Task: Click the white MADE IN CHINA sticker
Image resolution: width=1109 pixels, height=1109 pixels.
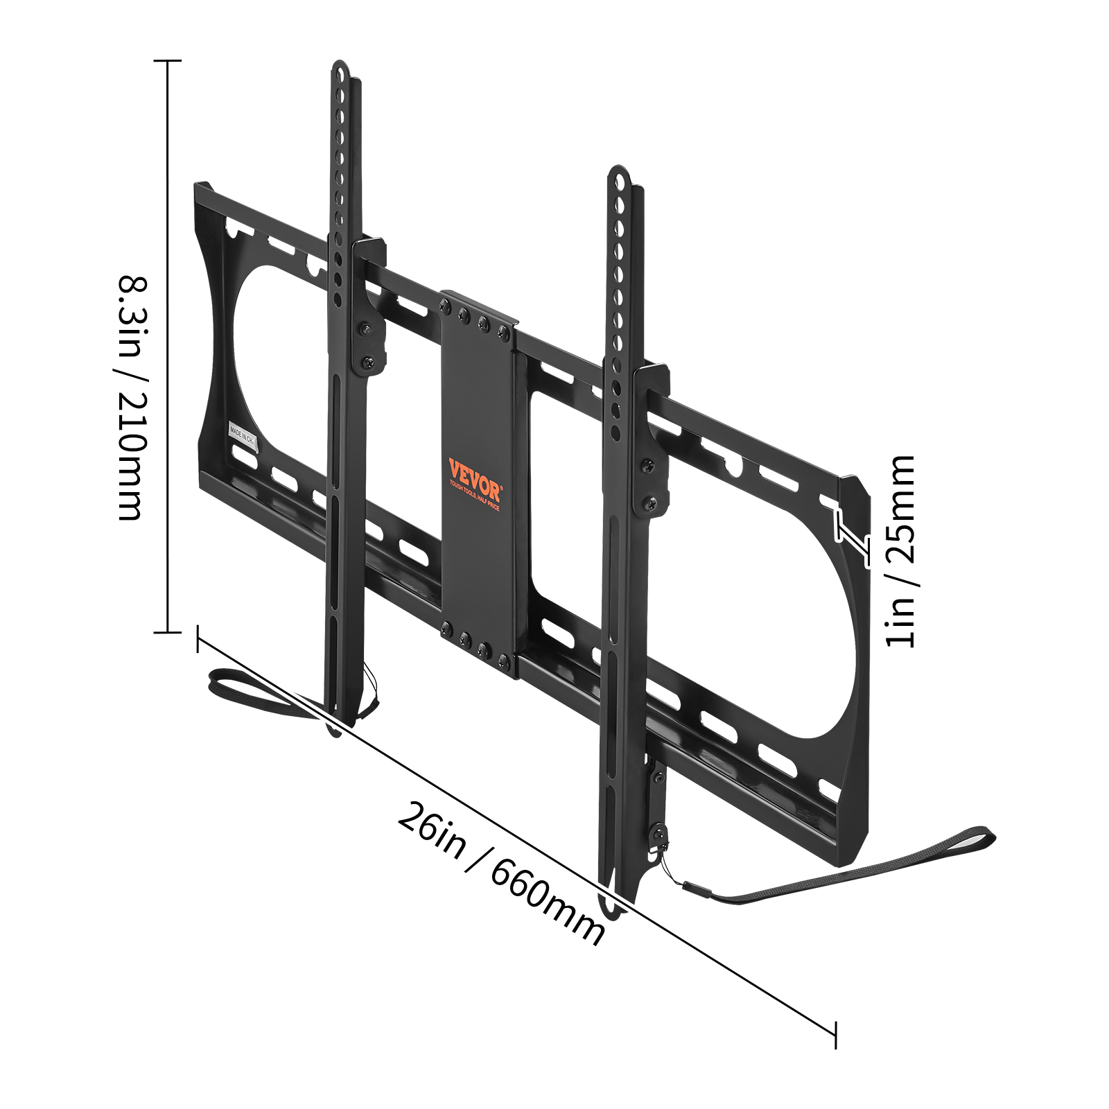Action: click(x=243, y=436)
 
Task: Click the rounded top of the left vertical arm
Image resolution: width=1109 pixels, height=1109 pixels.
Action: click(x=340, y=69)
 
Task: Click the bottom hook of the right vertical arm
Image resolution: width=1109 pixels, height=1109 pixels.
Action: click(x=614, y=908)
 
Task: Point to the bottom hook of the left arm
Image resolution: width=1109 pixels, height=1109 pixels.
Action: click(x=335, y=728)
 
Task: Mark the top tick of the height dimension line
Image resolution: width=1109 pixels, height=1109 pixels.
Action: click(x=167, y=61)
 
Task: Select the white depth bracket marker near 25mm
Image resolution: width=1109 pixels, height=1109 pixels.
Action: click(x=852, y=537)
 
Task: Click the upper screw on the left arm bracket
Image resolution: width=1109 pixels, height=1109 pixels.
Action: click(x=363, y=331)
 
